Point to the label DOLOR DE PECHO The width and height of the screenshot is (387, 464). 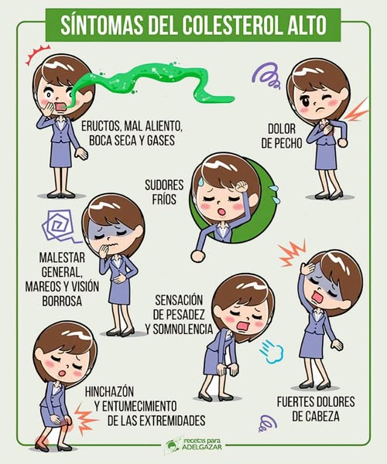[x=282, y=136]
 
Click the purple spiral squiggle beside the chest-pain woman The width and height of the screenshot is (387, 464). [x=266, y=76]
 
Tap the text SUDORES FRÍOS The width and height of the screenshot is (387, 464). [x=164, y=192]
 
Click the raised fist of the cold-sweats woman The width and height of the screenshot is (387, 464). [x=241, y=186]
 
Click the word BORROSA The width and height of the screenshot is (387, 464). [x=62, y=301]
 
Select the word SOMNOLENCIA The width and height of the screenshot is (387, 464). [x=183, y=329]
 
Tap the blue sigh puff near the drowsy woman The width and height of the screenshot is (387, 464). [x=272, y=352]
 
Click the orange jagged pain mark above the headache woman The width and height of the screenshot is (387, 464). [x=293, y=254]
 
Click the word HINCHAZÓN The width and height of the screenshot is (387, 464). [x=109, y=391]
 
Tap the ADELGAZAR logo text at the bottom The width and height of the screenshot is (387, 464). [x=202, y=447]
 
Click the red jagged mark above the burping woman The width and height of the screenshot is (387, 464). [x=36, y=54]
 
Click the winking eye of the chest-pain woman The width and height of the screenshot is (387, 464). [x=327, y=97]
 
